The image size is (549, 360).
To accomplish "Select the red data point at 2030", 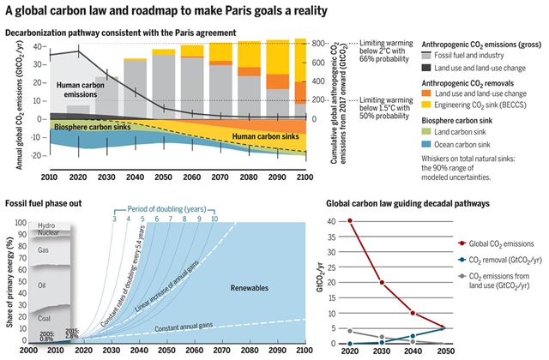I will [x=382, y=282].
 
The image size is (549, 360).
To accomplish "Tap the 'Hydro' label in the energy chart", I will [x=46, y=225].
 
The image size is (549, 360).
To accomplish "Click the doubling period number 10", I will [x=214, y=219].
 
